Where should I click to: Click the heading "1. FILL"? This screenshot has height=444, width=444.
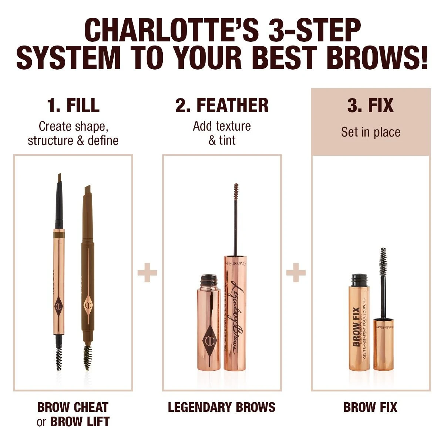point(73,105)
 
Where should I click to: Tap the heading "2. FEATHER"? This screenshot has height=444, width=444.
point(222,105)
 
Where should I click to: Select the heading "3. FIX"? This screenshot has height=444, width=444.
point(370,105)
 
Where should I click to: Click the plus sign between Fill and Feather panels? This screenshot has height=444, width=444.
point(147,273)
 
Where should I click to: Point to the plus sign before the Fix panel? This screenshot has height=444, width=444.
point(296,273)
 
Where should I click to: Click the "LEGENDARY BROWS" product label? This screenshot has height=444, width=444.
point(222,407)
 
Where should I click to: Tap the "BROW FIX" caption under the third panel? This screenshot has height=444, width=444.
point(370,407)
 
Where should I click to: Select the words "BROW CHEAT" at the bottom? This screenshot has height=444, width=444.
point(73,407)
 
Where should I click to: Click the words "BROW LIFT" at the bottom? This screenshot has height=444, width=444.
point(80,421)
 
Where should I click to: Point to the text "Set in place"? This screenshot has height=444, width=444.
point(370,132)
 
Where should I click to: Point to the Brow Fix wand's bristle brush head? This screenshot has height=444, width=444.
point(382,259)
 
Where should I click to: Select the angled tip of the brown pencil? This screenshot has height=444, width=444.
point(87,190)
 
